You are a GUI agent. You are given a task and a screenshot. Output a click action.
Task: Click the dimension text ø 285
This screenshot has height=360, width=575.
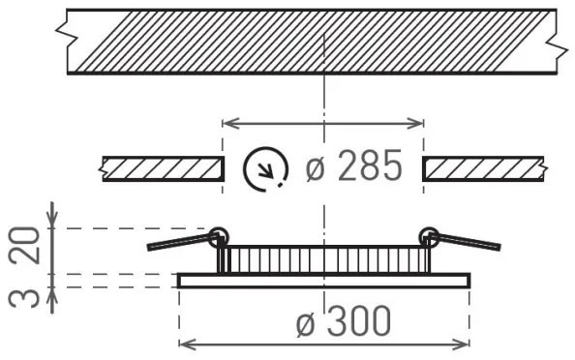coord(352,167)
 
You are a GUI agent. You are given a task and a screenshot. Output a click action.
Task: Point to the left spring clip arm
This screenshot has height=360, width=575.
coord(179,240)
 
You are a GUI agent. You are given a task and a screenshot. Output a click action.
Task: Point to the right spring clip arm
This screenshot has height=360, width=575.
coord(469,240)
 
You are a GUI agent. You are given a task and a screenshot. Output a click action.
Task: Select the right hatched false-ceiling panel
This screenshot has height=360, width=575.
coord(484,168)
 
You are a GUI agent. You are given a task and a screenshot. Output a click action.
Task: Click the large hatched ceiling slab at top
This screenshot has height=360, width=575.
coord(310,42)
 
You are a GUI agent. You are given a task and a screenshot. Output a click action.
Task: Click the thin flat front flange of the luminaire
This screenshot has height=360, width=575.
coord(323,280)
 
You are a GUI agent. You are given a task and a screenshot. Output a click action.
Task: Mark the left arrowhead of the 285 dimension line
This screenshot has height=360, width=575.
coord(228,123)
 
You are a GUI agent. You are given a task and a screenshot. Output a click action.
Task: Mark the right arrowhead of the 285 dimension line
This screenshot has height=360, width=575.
coord(418,123)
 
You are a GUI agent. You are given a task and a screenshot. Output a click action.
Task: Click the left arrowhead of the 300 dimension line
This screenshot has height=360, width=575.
coord(186,344)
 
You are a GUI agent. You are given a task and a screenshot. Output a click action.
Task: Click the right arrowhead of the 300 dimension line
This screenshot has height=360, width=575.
coord(463,344)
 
